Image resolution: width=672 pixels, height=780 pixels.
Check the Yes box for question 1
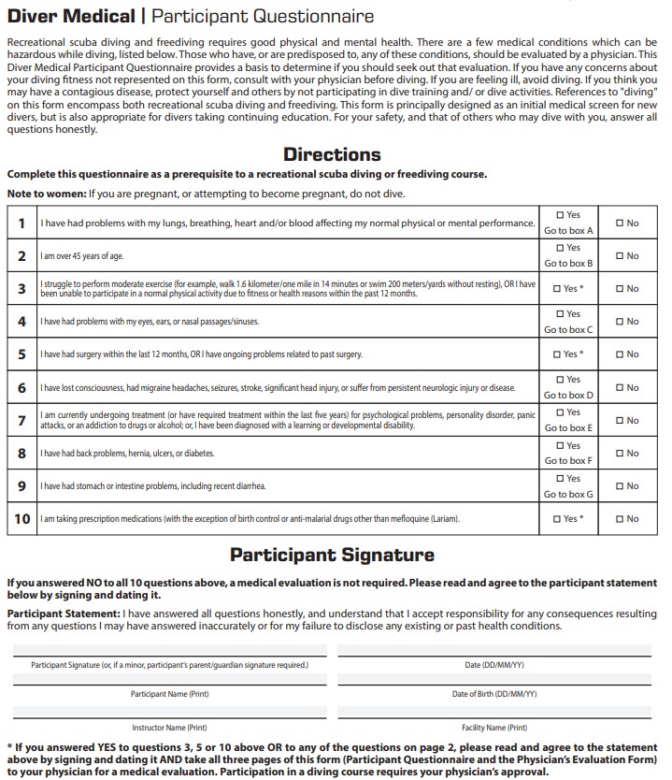click(x=560, y=215)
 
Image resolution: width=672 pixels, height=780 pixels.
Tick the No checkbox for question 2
click(x=619, y=256)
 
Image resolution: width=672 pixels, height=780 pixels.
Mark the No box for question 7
click(x=619, y=421)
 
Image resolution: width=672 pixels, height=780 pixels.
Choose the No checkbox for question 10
click(x=619, y=519)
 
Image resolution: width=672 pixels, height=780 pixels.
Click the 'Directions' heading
click(x=332, y=154)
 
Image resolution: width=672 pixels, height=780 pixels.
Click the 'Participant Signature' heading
click(x=332, y=555)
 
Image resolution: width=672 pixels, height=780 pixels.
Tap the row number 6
click(x=21, y=388)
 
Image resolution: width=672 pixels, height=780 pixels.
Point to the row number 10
click(x=21, y=519)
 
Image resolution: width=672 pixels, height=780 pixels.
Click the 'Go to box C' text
click(x=568, y=329)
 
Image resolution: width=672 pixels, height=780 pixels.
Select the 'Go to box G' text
click(x=568, y=494)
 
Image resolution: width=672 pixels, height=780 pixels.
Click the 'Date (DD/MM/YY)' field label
click(x=493, y=665)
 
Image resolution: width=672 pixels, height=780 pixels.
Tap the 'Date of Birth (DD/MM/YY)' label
click(x=493, y=694)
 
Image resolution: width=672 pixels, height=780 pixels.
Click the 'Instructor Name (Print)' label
click(x=169, y=727)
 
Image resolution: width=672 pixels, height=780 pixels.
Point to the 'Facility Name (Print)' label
click(x=493, y=727)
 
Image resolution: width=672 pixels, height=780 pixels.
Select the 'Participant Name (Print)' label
click(x=169, y=694)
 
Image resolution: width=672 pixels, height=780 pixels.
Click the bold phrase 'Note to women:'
click(x=46, y=193)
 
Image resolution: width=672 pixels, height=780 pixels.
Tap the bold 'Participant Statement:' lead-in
click(x=63, y=614)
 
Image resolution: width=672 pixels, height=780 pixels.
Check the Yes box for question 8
click(x=560, y=445)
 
